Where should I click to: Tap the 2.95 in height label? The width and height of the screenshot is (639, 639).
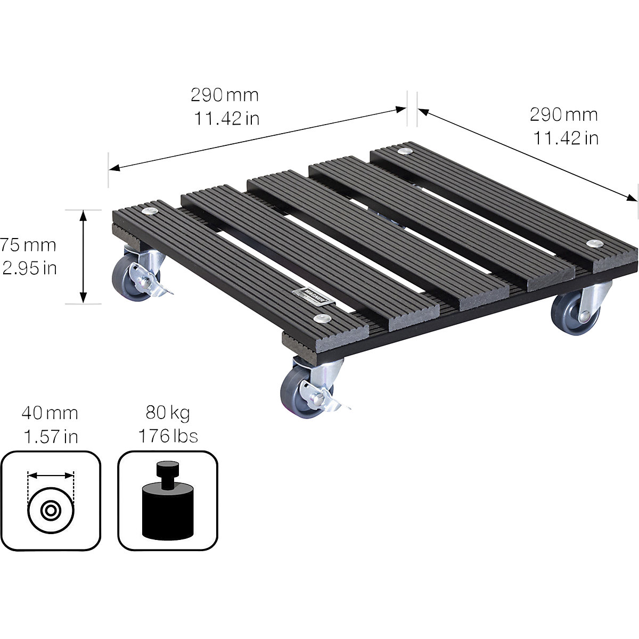tap(30, 268)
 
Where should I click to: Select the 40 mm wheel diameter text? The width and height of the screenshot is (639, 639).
tap(50, 413)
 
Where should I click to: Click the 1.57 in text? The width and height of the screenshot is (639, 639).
tap(50, 437)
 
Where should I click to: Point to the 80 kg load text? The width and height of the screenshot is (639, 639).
tap(168, 413)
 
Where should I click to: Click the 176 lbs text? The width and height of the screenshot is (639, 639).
tap(168, 437)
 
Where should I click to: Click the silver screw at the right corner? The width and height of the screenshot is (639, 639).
tap(592, 244)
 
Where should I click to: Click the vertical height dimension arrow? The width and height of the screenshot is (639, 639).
tap(83, 256)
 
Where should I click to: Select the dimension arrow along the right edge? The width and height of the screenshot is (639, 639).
tap(527, 154)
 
